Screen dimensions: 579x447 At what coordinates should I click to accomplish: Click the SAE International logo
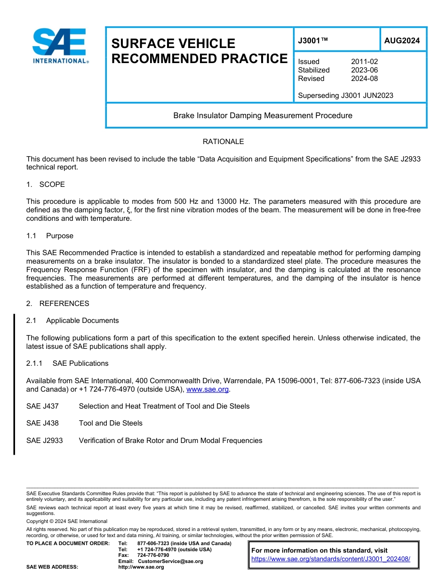click(60, 46)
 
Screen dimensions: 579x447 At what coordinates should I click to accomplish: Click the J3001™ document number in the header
click(313, 41)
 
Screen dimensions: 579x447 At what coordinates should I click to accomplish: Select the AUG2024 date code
click(402, 41)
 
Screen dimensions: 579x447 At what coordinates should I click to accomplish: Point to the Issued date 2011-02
click(364, 62)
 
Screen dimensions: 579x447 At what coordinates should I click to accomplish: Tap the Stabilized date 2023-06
click(364, 70)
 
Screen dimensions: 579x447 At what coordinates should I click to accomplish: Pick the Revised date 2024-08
click(364, 79)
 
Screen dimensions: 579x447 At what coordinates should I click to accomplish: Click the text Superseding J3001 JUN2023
click(345, 96)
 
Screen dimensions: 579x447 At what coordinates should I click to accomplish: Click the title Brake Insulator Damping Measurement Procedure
click(263, 115)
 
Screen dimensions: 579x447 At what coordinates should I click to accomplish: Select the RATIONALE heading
click(223, 142)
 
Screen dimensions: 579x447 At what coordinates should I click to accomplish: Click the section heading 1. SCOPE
click(46, 184)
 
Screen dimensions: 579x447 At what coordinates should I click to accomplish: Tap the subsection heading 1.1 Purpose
click(50, 235)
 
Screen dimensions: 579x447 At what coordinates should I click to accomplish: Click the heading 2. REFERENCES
click(58, 304)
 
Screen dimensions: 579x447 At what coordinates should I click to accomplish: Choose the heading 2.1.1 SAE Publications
click(67, 363)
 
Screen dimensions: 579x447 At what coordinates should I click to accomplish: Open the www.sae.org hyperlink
click(208, 389)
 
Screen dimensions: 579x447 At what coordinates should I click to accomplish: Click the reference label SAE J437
click(42, 406)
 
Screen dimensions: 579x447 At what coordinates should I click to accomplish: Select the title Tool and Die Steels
click(111, 423)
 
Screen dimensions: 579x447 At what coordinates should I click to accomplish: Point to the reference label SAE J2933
click(45, 441)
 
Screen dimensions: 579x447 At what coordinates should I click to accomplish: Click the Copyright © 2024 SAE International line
click(67, 521)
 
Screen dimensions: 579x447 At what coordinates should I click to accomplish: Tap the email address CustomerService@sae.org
click(170, 561)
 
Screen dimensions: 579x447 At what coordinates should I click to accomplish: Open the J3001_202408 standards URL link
click(331, 559)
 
